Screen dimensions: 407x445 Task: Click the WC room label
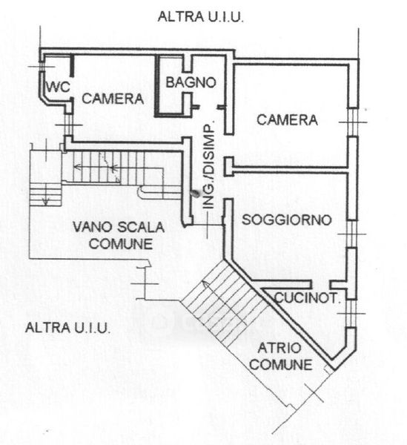[x=58, y=86]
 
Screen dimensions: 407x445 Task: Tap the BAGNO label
[x=191, y=82]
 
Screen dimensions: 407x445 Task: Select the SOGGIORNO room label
[x=286, y=220]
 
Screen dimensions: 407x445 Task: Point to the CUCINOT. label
[x=308, y=298]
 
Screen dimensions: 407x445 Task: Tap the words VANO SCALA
[x=119, y=227]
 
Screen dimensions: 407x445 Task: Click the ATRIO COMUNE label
[x=281, y=357]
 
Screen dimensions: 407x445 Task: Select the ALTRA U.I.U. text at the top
[x=201, y=16]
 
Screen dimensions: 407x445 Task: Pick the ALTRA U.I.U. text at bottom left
[x=67, y=328]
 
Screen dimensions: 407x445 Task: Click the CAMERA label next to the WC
[x=113, y=99]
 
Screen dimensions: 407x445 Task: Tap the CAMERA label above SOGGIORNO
[x=287, y=119]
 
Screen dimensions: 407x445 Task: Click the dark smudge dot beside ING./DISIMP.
[x=195, y=193]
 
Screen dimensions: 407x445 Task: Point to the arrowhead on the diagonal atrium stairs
[x=205, y=283]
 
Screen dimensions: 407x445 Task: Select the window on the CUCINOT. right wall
[x=351, y=314]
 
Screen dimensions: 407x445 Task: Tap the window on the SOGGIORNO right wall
[x=352, y=234]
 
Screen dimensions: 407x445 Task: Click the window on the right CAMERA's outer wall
[x=353, y=122]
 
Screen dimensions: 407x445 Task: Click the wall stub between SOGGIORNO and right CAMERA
[x=229, y=167]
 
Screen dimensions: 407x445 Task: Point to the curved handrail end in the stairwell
[x=141, y=193]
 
